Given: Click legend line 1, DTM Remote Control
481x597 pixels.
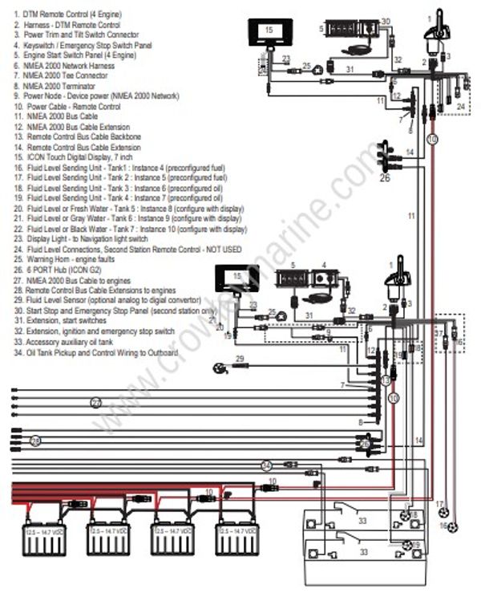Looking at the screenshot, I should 64,14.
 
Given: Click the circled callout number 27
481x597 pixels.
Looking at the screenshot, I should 96,401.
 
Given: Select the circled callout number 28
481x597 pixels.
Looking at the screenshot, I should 34,441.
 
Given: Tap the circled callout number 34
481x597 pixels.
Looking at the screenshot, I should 267,465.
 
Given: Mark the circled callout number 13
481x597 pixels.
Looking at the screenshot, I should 385,379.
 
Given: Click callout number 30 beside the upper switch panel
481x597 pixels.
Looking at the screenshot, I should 386,22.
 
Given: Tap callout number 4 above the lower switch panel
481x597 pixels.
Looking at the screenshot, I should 324,265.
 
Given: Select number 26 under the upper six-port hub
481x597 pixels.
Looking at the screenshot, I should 385,177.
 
